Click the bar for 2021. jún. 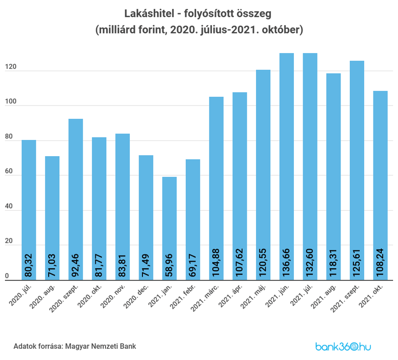click(286, 166)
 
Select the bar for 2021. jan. click(170, 228)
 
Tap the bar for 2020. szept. click(76, 199)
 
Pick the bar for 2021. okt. click(380, 186)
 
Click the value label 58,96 click(169, 265)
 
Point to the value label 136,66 click(286, 263)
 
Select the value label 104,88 click(216, 263)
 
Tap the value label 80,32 click(28, 265)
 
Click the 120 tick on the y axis click(11, 67)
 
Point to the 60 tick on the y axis click(9, 171)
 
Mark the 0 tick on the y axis click(7, 276)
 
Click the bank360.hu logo click(343, 346)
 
